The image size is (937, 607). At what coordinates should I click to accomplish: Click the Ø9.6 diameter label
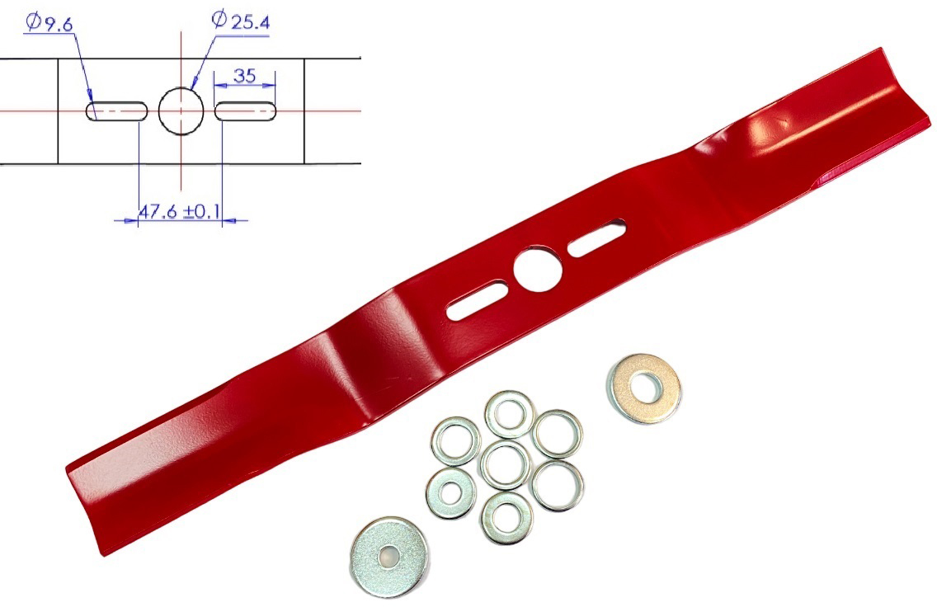tap(49, 23)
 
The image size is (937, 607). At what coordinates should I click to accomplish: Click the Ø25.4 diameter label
tap(241, 21)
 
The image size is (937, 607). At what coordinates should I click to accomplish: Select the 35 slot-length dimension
tap(245, 76)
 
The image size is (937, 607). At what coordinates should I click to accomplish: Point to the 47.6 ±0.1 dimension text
tap(179, 211)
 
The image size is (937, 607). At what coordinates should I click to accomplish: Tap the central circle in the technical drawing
tap(181, 111)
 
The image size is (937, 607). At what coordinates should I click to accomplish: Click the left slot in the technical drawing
tap(116, 111)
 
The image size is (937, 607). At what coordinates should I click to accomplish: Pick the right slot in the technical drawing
tap(246, 111)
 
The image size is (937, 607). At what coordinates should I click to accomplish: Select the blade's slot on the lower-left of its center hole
tap(478, 300)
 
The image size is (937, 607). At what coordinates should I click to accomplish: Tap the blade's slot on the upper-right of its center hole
tap(596, 238)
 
